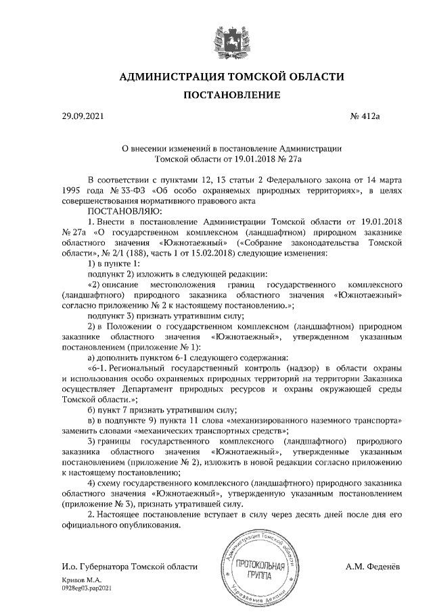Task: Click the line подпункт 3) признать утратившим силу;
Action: click(166, 316)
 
